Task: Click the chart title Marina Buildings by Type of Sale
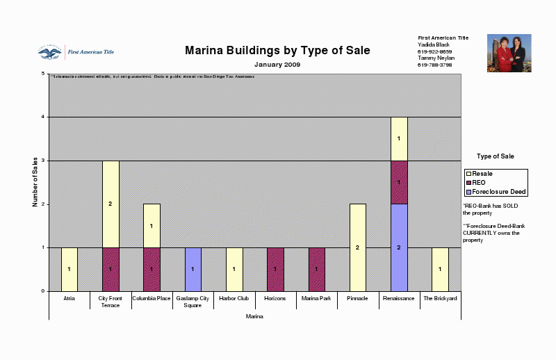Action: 277,51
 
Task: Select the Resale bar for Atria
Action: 69,269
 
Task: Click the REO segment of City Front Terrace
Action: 111,269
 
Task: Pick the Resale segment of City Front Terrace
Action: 111,204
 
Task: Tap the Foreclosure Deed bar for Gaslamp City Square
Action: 193,269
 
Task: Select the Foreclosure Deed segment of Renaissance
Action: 399,247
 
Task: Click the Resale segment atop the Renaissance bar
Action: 399,138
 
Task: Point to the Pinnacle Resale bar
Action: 358,247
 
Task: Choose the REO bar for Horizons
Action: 275,269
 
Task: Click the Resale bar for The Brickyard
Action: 440,269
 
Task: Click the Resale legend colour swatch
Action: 468,174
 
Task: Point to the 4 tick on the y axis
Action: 43,117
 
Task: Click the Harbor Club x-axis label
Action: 234,298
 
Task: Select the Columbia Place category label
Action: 152,298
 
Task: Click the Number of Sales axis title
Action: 35,182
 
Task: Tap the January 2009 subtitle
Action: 277,64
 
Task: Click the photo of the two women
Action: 509,53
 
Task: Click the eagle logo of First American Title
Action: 49,53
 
